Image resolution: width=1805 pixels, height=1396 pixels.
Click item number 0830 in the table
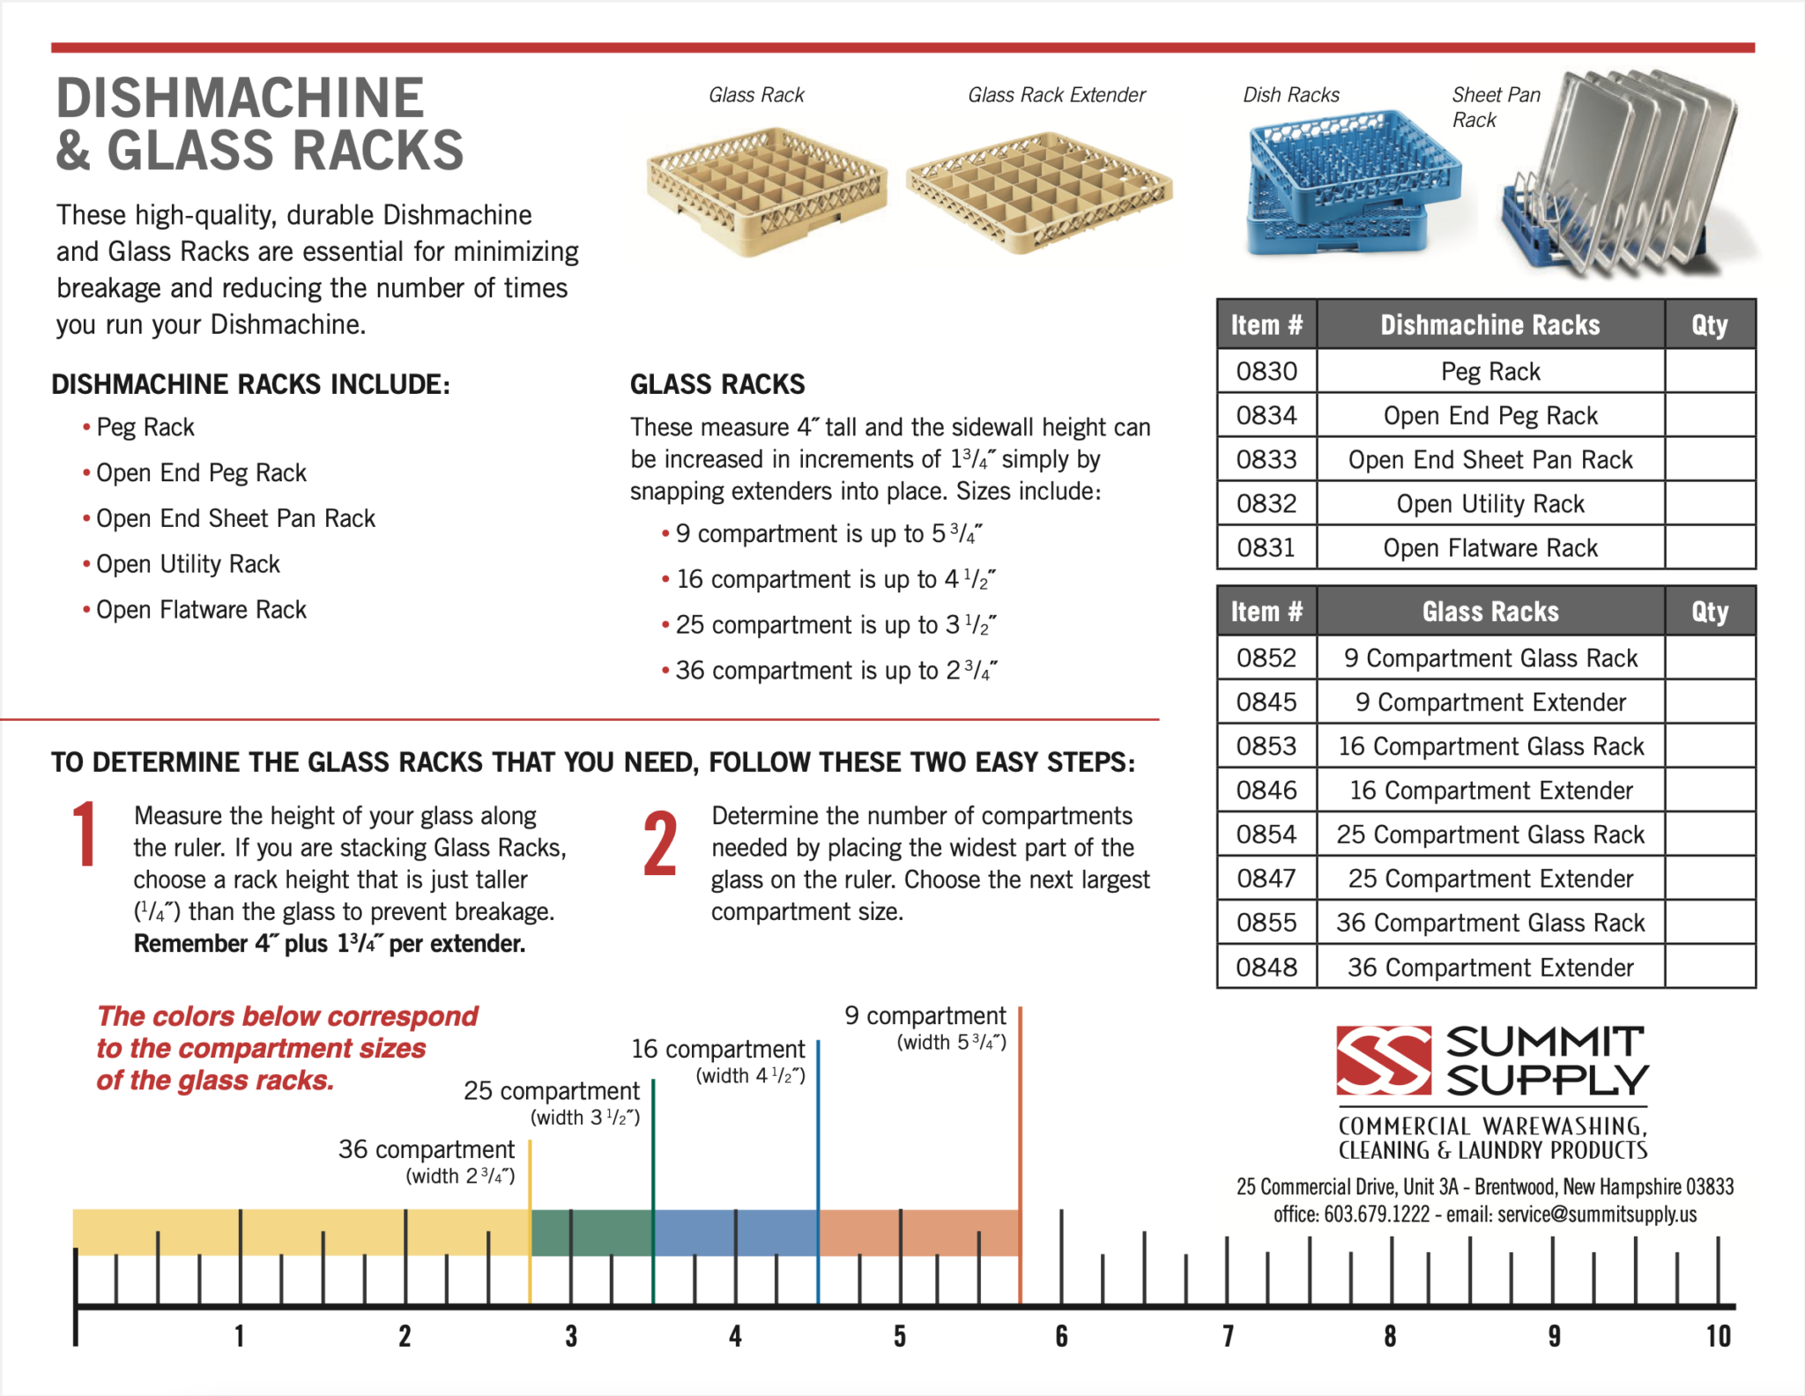[1266, 371]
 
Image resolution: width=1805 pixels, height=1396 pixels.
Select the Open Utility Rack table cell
[1490, 503]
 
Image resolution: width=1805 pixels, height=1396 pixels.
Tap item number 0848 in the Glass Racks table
[1266, 967]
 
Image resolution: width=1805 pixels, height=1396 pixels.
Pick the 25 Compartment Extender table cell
[1490, 879]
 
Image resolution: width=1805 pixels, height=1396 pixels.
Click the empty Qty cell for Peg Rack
[1710, 371]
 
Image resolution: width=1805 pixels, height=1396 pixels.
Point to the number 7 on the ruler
[1228, 1336]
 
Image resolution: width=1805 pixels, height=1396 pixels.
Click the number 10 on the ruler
[1718, 1336]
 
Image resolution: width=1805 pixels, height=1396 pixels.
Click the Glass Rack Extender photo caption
[1057, 95]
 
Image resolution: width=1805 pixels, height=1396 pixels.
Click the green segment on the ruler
[591, 1232]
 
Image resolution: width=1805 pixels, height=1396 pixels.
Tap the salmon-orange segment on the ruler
[919, 1232]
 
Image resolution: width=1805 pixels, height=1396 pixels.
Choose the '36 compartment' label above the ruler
[427, 1149]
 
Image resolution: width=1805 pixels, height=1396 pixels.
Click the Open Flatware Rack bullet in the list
[201, 610]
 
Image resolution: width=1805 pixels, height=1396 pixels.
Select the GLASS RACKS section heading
[717, 384]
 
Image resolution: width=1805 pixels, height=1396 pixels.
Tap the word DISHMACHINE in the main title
[241, 98]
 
